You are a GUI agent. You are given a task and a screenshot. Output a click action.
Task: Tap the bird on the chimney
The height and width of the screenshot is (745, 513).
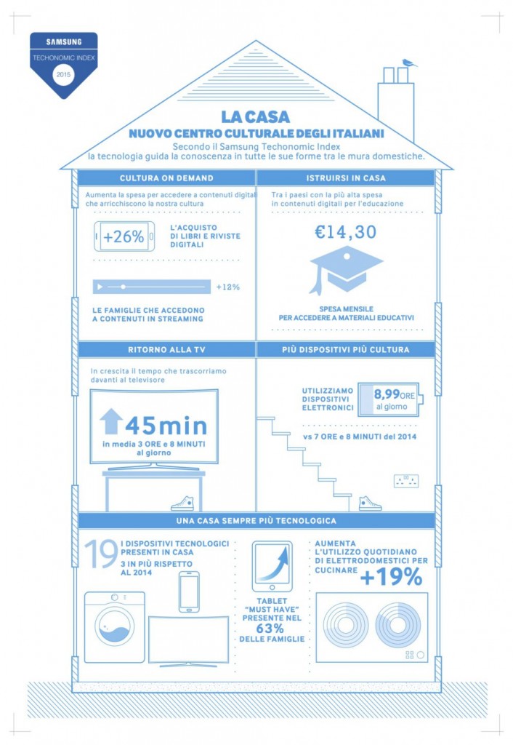(x=409, y=63)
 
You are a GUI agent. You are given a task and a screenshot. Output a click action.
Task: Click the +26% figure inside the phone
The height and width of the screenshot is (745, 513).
(x=124, y=237)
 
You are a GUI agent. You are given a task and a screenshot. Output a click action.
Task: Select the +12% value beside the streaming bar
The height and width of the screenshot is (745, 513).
(x=227, y=287)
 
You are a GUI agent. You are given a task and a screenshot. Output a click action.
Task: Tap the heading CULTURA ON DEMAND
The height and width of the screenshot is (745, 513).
(x=166, y=178)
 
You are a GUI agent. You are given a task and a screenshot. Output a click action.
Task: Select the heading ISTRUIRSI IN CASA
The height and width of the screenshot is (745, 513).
(x=346, y=178)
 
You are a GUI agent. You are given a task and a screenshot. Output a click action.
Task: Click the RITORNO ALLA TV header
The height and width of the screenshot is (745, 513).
(x=166, y=350)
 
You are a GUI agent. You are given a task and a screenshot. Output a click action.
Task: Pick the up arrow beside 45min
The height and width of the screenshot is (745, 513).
(x=111, y=422)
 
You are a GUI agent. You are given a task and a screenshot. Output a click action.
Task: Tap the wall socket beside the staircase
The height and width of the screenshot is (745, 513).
(x=405, y=480)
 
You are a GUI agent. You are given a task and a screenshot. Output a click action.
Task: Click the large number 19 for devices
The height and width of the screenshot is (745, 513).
(x=100, y=554)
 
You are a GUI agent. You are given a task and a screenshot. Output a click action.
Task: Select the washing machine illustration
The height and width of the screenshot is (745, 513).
(x=114, y=627)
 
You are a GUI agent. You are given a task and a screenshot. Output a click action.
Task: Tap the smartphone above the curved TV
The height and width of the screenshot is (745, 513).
(x=189, y=591)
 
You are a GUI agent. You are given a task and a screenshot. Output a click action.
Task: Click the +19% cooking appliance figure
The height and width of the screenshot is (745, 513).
(x=391, y=578)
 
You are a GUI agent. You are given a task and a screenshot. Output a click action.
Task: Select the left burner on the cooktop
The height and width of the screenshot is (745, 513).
(x=346, y=624)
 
